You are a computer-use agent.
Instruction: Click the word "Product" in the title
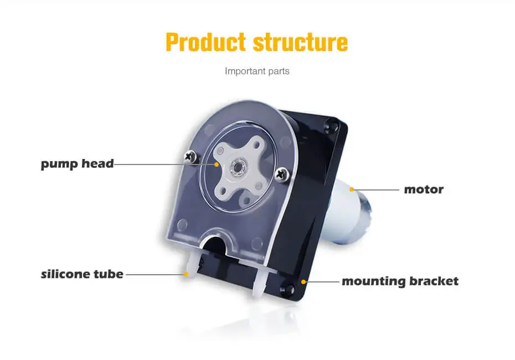pyautogui.click(x=205, y=43)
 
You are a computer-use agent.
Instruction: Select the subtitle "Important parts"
pyautogui.click(x=257, y=71)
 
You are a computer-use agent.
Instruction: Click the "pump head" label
pyautogui.click(x=77, y=164)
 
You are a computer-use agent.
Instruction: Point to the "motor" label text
pyautogui.click(x=424, y=189)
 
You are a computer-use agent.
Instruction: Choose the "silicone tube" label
pyautogui.click(x=82, y=274)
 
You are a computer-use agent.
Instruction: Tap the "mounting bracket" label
pyautogui.click(x=400, y=281)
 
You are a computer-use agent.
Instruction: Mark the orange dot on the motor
pyautogui.click(x=351, y=189)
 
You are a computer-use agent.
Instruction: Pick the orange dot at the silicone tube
pyautogui.click(x=187, y=274)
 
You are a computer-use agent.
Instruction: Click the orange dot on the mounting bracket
pyautogui.click(x=303, y=281)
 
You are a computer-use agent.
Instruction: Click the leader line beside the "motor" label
pyautogui.click(x=377, y=189)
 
